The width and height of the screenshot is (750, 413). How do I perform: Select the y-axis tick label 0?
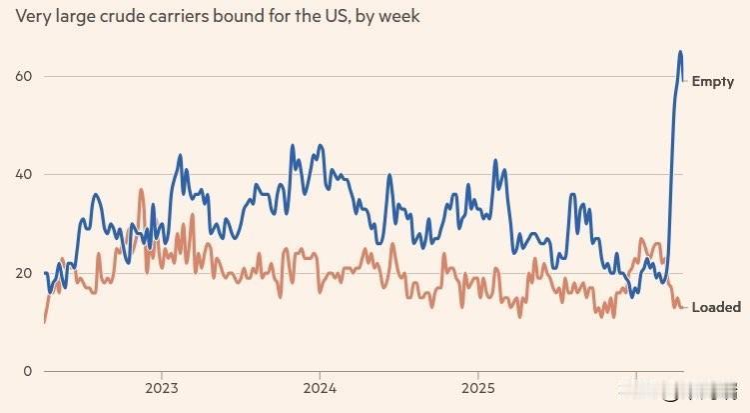(27, 370)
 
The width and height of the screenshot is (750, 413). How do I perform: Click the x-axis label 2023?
(162, 388)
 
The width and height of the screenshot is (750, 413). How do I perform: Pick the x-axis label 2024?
(320, 388)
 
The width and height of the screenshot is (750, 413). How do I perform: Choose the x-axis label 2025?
(477, 388)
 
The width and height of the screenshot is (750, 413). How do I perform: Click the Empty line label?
(712, 82)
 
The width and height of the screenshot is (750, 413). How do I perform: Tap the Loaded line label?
(715, 307)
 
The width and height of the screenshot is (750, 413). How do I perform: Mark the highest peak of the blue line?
(680, 52)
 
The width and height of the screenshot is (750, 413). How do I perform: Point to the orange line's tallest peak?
(141, 189)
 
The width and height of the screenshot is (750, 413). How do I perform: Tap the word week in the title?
(396, 18)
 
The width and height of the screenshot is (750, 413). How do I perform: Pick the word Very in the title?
(32, 18)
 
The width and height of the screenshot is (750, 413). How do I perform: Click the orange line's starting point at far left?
(45, 321)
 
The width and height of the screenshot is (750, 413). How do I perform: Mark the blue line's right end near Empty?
(683, 81)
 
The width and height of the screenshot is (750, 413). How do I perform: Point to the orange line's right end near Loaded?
(683, 307)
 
